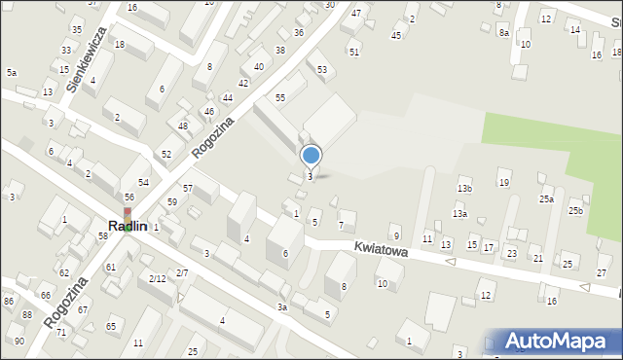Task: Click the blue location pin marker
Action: [x=311, y=156]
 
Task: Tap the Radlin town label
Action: [x=128, y=226]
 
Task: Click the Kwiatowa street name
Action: [x=380, y=251]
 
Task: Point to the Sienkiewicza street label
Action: [x=86, y=59]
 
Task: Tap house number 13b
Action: [x=464, y=189]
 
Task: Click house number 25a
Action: [x=547, y=198]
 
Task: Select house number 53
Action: [x=321, y=69]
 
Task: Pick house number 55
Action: [x=279, y=98]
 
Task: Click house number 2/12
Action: [x=156, y=279]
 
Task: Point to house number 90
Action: [x=19, y=342]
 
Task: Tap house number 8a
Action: [x=504, y=32]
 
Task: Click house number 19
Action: [x=503, y=182]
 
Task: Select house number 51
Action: [x=354, y=51]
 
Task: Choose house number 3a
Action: [x=281, y=307]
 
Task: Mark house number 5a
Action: [x=12, y=73]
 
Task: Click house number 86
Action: [x=9, y=302]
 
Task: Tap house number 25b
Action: [x=576, y=210]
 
